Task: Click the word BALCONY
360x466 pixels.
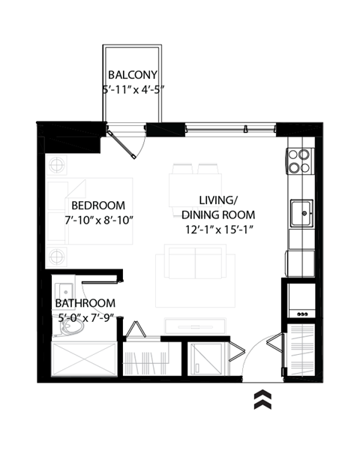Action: [132, 75]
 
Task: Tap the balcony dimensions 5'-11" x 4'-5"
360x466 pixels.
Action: [132, 89]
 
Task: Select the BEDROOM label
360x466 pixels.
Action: [97, 205]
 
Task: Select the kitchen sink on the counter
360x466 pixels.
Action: [301, 213]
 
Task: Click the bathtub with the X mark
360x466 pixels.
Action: [82, 360]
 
